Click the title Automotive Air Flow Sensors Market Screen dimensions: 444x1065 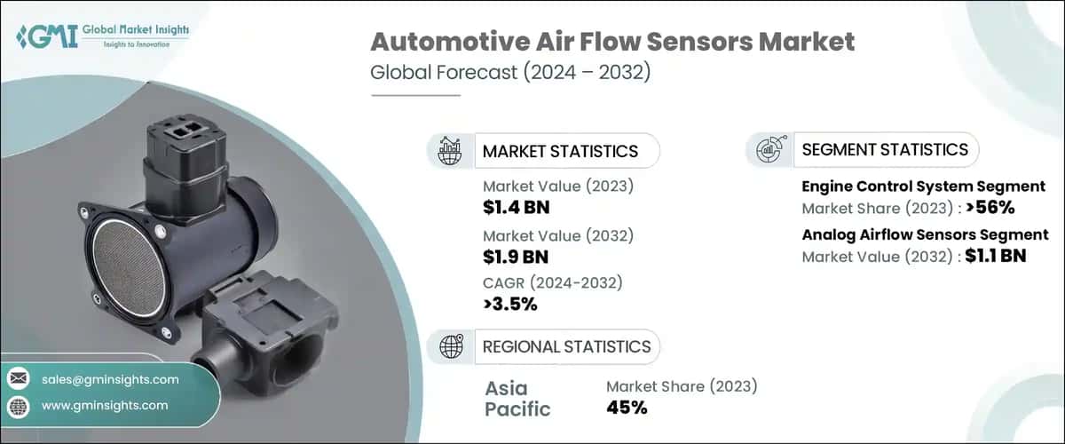click(x=612, y=41)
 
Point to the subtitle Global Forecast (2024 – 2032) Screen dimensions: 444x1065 click(x=510, y=72)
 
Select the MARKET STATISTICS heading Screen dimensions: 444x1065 click(x=560, y=151)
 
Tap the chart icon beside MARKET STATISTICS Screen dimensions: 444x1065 click(x=450, y=151)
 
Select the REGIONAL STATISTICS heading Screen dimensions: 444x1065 click(x=566, y=346)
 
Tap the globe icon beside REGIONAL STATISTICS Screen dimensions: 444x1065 click(x=450, y=346)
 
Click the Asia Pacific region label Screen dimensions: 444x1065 click(x=517, y=399)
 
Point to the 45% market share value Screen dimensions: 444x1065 click(x=627, y=408)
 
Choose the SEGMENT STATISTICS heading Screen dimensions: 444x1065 click(x=884, y=150)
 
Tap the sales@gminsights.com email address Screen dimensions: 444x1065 click(x=110, y=379)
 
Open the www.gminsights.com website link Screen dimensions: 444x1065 click(x=104, y=405)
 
